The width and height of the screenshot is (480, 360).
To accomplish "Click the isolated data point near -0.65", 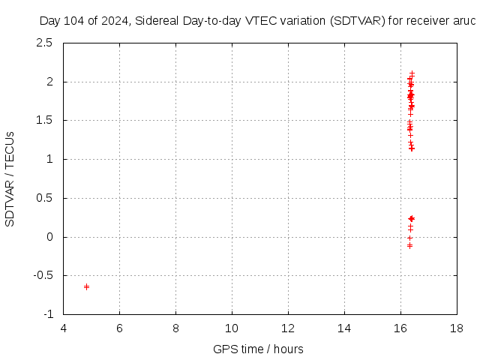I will coord(86,286).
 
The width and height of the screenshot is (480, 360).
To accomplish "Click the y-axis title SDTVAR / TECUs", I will coord(10,178).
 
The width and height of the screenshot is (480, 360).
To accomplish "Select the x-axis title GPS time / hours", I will coord(258,349).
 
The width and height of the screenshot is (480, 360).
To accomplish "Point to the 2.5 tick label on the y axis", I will coord(44,43).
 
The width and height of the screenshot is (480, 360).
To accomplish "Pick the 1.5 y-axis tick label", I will coord(44,120).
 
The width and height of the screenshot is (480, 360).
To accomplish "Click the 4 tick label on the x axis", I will coord(63,328).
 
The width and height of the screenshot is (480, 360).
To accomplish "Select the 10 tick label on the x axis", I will coord(232,328).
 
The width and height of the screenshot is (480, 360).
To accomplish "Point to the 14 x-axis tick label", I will coord(344,328).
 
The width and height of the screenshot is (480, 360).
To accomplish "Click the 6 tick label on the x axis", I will coord(119,328).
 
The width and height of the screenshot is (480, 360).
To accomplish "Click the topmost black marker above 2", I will coord(412,73).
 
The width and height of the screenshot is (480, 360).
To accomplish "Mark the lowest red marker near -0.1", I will coord(409,245).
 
